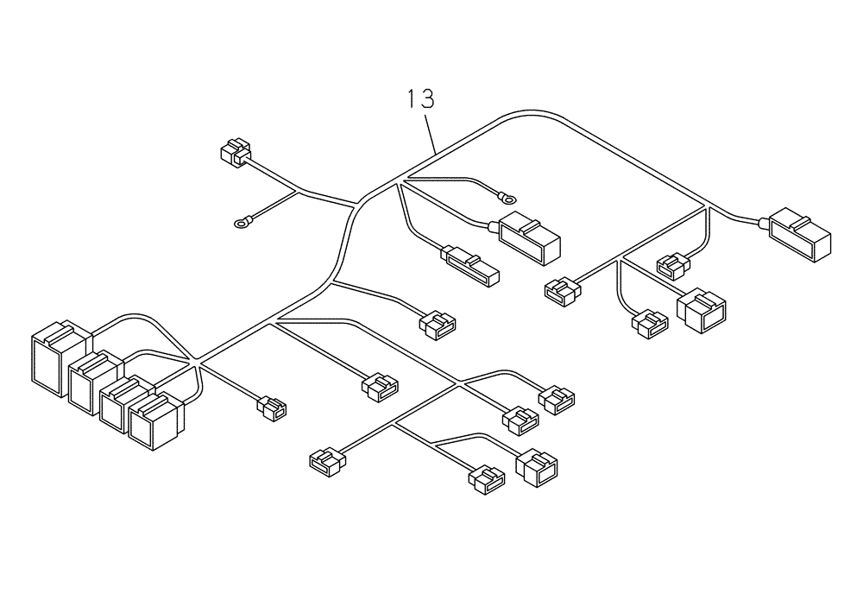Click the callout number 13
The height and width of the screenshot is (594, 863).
tap(420, 99)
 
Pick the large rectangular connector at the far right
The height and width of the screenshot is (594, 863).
tap(801, 233)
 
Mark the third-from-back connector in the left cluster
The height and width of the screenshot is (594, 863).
tap(123, 401)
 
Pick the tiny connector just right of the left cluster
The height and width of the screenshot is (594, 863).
tap(273, 408)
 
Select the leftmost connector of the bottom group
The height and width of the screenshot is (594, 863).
tap(326, 460)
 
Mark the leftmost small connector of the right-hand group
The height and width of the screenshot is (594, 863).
tap(562, 291)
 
